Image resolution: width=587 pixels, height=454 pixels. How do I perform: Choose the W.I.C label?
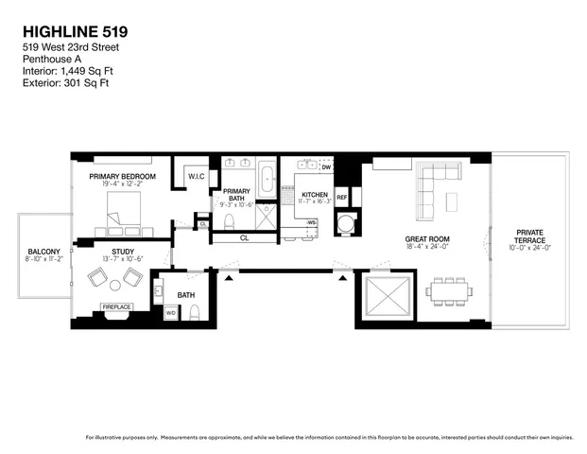[x=197, y=177]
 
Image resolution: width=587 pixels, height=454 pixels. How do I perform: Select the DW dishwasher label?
[x=325, y=167]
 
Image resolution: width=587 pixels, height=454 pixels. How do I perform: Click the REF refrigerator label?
[x=342, y=198]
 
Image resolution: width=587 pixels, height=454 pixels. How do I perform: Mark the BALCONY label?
[x=43, y=252]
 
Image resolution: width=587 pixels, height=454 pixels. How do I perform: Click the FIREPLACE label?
[x=117, y=306]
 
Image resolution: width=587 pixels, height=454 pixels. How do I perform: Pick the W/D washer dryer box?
[x=171, y=313]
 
